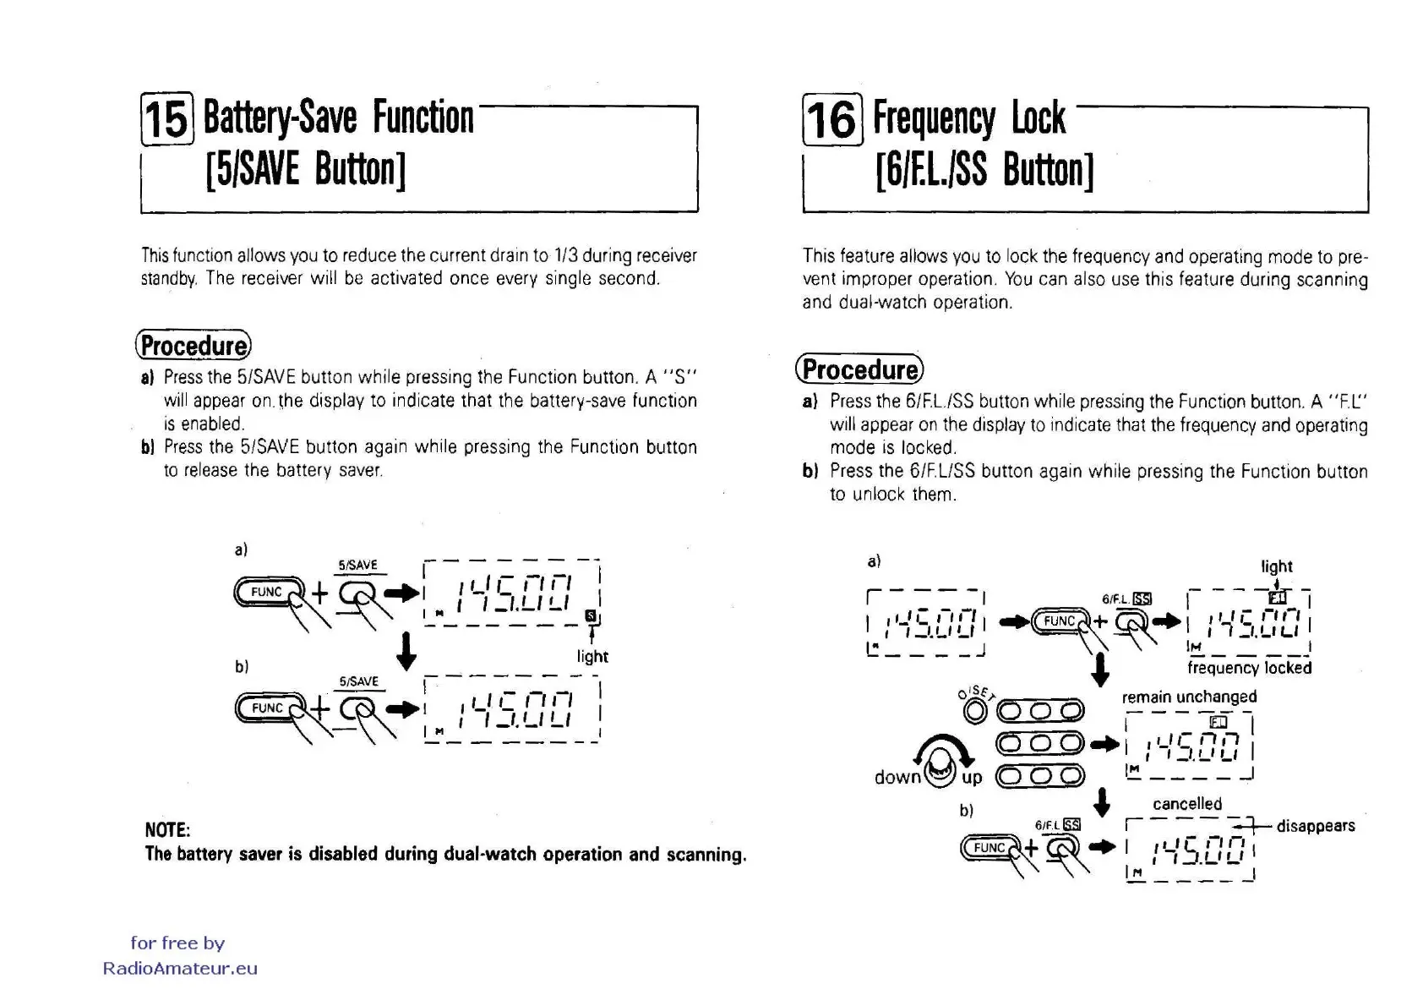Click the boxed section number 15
click(x=167, y=119)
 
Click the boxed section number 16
click(x=832, y=119)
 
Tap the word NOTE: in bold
click(x=167, y=829)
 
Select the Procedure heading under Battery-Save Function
click(x=194, y=346)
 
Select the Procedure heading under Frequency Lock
click(x=859, y=369)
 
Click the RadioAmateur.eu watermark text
click(x=180, y=969)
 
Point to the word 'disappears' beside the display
click(x=1315, y=826)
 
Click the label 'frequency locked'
click(x=1249, y=668)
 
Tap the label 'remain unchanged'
click(x=1189, y=697)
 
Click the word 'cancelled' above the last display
click(x=1187, y=803)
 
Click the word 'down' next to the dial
click(x=897, y=777)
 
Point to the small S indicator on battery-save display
click(x=590, y=615)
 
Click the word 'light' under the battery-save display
click(x=592, y=656)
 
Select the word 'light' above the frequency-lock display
click(x=1276, y=566)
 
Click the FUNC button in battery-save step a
click(x=267, y=593)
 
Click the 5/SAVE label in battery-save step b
click(x=359, y=681)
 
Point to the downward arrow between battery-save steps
click(x=406, y=651)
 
